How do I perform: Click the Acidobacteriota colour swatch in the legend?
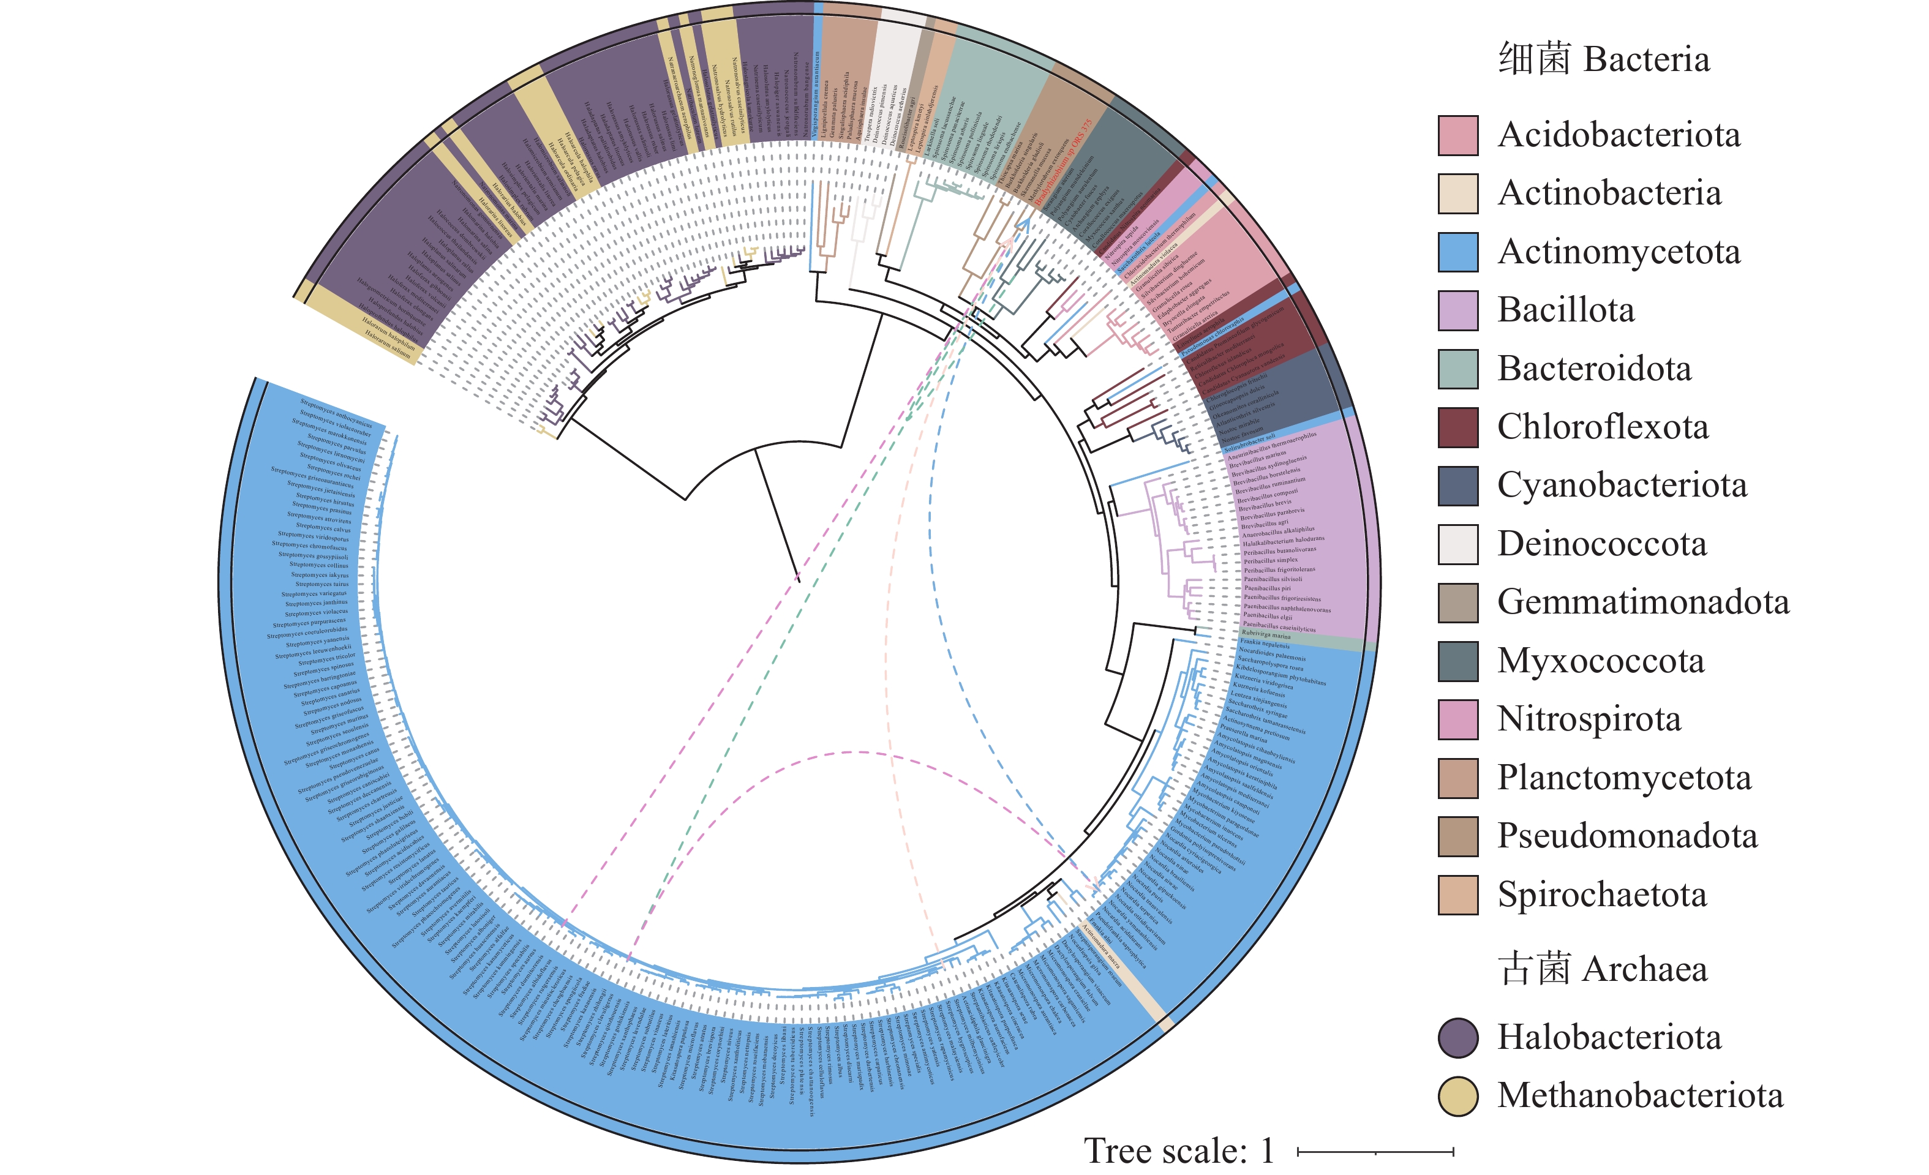click(1457, 135)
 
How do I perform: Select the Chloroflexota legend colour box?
click(1457, 427)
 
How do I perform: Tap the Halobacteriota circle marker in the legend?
click(1457, 1038)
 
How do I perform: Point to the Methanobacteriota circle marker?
click(1457, 1096)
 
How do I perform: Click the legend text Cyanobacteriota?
click(1622, 486)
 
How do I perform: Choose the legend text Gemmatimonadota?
click(1642, 602)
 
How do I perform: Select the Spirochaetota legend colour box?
click(1457, 895)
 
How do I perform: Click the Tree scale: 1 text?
click(1178, 1151)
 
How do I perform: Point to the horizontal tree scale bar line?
click(1375, 1152)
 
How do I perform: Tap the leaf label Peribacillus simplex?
click(1271, 560)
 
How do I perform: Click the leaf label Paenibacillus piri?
click(1268, 588)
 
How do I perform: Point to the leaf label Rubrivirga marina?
click(1266, 635)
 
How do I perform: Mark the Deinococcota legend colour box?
click(1457, 544)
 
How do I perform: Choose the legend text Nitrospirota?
click(1589, 719)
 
